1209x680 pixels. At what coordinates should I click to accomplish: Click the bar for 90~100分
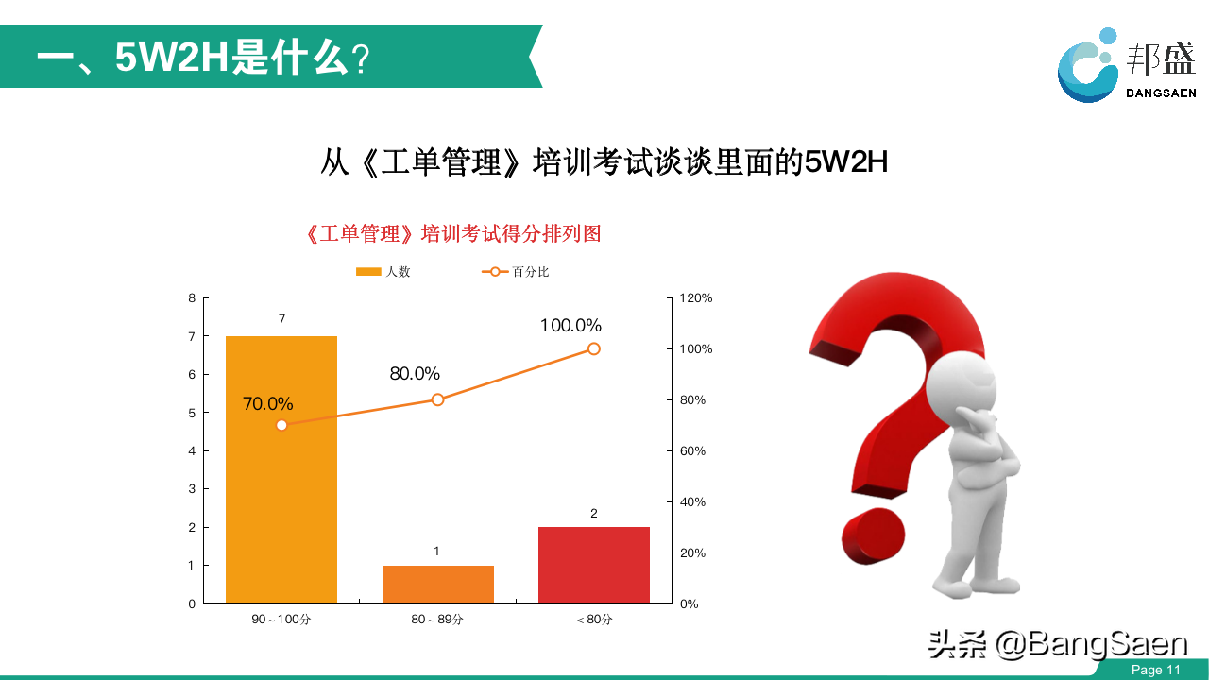coord(281,469)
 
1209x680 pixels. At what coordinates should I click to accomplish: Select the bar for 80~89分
coord(437,584)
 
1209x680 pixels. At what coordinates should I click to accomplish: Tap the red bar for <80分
coord(594,565)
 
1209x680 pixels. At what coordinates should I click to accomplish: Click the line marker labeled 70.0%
coord(281,425)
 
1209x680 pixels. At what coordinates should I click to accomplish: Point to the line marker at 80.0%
coord(437,399)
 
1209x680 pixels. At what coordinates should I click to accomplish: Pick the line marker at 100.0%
coord(594,349)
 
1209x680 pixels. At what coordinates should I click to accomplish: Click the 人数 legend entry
coord(383,271)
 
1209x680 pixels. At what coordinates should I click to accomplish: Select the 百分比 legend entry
coord(515,271)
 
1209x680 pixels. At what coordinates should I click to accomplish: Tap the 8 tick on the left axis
coord(192,297)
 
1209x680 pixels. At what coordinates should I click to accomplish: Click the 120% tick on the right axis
coord(696,297)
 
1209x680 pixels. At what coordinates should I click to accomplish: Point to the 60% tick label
coord(692,450)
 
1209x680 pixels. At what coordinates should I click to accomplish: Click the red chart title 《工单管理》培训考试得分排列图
coord(453,233)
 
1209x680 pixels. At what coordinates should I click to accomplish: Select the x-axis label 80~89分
coord(437,619)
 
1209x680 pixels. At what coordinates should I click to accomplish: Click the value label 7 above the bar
coord(281,319)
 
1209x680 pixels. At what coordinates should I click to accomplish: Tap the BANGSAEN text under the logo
coord(1161,93)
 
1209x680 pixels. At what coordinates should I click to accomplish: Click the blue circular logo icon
coord(1087,66)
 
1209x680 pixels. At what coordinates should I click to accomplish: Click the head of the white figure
coord(962,385)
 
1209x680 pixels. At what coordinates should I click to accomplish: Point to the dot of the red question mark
coord(874,535)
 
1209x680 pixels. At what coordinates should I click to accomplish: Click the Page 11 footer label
coord(1155,670)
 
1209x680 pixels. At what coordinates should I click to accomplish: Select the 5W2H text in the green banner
coord(172,58)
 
